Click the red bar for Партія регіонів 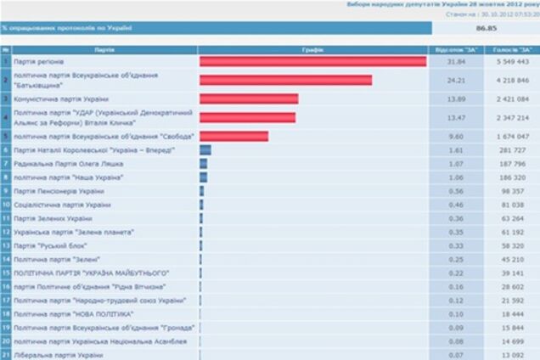(312, 62)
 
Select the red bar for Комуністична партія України (248, 98)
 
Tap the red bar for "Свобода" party (233, 136)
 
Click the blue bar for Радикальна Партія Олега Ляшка (203, 164)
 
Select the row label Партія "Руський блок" (48, 245)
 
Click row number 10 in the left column (6, 205)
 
